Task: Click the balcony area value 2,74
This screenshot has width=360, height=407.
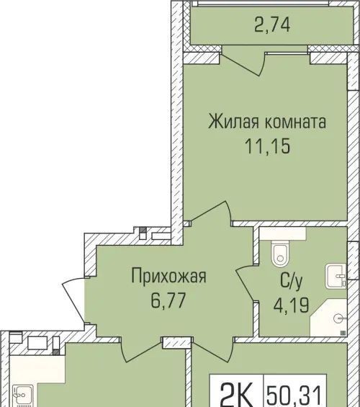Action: (x=272, y=25)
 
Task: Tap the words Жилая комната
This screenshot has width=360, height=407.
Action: (x=267, y=122)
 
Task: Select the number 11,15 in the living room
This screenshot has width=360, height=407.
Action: (x=267, y=146)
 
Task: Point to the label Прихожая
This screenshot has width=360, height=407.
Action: (x=169, y=277)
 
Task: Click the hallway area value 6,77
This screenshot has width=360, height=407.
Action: (x=168, y=300)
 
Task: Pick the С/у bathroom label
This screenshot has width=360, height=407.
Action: (x=292, y=282)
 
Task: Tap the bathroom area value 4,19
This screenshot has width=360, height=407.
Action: (x=291, y=305)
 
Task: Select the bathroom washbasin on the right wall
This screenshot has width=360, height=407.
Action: (x=336, y=276)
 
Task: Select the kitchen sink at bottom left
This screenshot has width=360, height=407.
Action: (x=23, y=395)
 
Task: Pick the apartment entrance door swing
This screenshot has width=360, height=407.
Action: (x=73, y=300)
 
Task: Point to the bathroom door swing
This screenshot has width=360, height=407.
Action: (x=245, y=283)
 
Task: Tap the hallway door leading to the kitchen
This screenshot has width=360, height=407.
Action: (x=141, y=350)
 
